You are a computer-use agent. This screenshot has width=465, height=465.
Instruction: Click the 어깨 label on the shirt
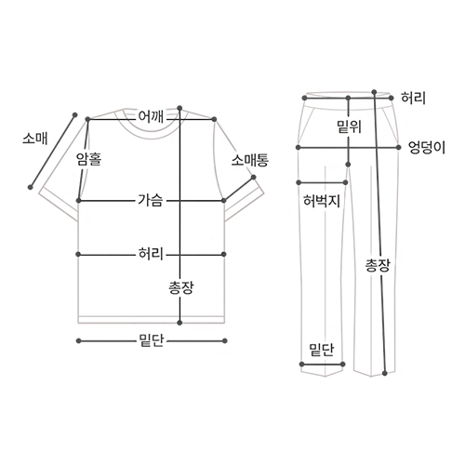(x=151, y=117)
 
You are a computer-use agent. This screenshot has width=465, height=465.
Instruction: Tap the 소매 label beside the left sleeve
(x=35, y=138)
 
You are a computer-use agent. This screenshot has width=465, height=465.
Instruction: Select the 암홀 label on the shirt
(x=89, y=159)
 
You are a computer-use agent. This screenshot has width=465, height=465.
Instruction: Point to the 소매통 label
(x=250, y=160)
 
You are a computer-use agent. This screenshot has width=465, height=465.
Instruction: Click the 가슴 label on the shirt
(x=151, y=200)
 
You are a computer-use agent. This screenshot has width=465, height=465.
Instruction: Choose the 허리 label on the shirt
(x=151, y=254)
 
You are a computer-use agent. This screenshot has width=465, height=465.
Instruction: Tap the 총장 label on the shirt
(x=181, y=287)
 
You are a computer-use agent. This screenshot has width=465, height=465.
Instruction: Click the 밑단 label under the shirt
(x=151, y=340)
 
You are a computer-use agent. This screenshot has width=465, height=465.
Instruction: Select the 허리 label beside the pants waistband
(x=413, y=98)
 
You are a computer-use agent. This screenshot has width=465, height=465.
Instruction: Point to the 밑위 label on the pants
(x=350, y=126)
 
